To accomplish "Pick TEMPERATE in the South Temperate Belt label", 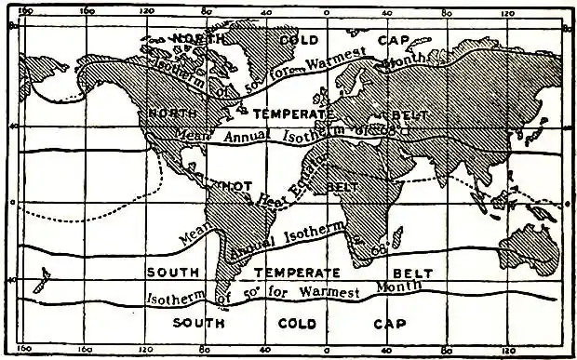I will (x=290, y=273).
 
